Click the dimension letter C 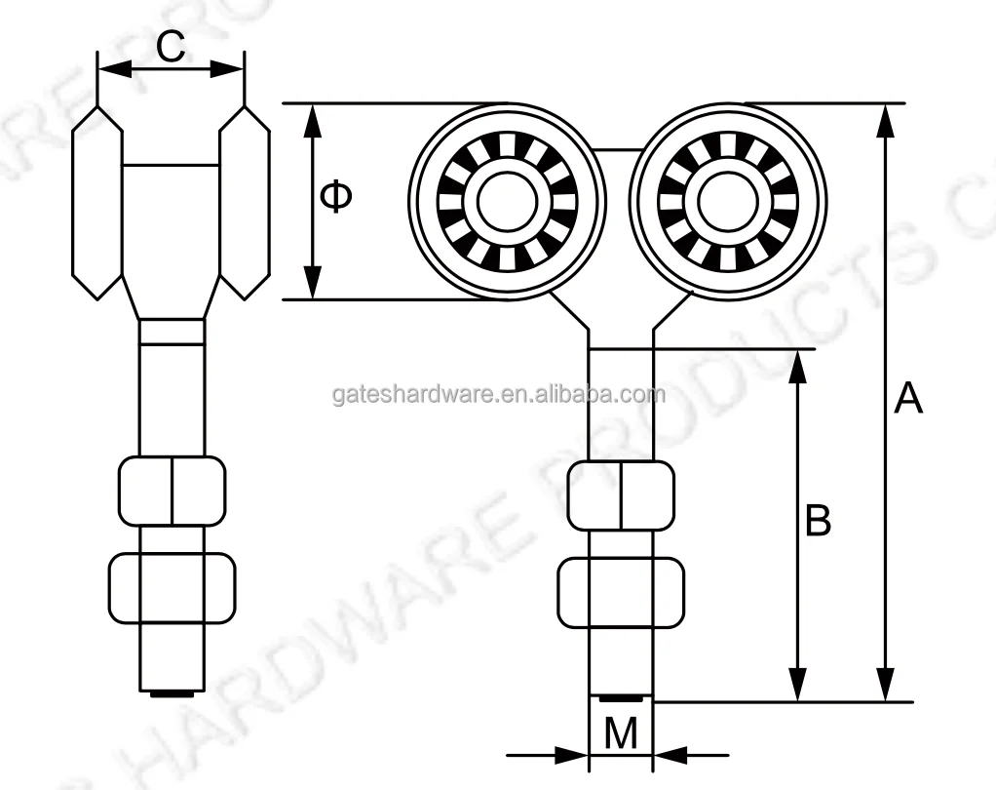coord(171,46)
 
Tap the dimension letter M coord(621,733)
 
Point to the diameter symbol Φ coord(337,198)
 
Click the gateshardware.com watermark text coord(498,394)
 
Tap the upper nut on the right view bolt coord(621,494)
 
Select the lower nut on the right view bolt coord(621,592)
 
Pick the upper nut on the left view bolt coord(172,491)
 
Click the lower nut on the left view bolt coord(172,588)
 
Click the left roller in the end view coord(97,200)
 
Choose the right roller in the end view coord(245,200)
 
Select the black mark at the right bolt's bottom coord(621,697)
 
